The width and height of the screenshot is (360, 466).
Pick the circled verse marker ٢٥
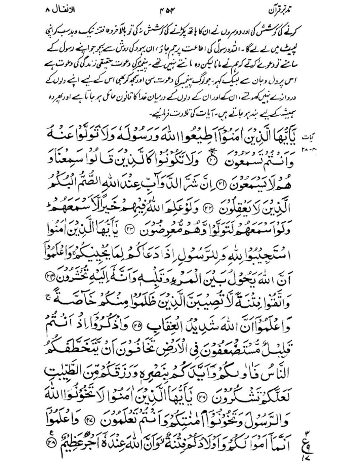click(x=202, y=325)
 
